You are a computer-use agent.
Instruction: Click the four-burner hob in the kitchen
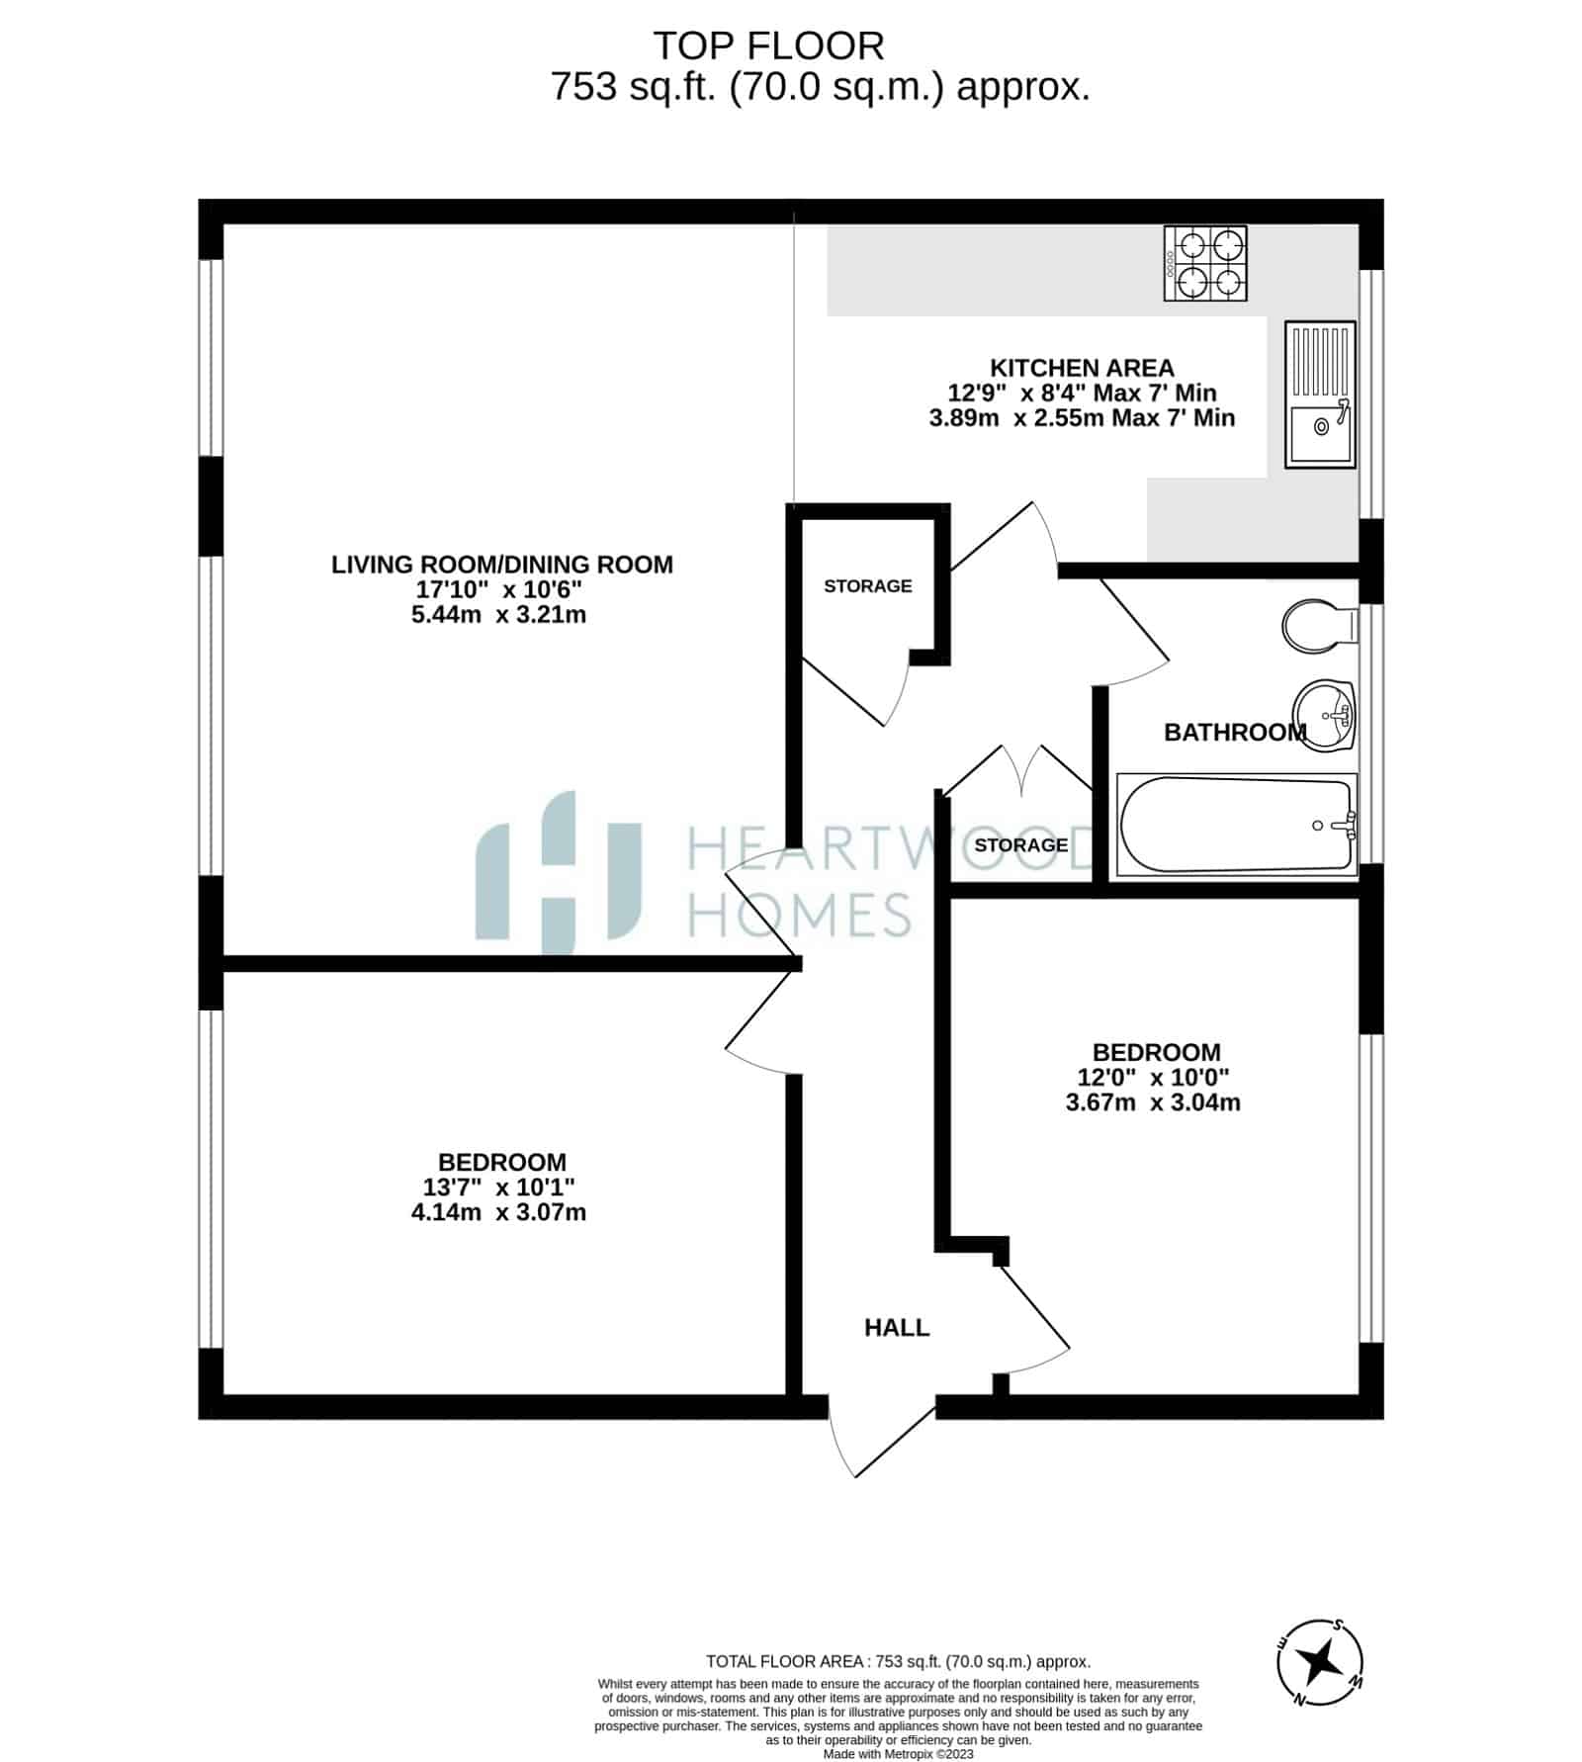click(x=1205, y=263)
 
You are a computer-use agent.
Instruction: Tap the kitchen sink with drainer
click(x=1320, y=394)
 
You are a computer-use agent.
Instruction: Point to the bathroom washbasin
click(x=1325, y=715)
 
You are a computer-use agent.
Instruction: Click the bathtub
click(x=1237, y=825)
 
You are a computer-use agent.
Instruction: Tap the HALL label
click(x=897, y=1328)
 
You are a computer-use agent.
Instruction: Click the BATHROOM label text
click(x=1235, y=733)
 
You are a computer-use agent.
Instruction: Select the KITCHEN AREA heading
click(x=1082, y=368)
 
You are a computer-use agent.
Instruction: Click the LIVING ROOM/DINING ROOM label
click(x=501, y=565)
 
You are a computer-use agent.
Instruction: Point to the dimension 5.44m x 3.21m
click(x=498, y=615)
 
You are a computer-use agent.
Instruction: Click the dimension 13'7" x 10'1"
click(x=499, y=1187)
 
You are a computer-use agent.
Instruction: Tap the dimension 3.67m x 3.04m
click(x=1153, y=1102)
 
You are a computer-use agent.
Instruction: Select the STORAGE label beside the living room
click(x=868, y=586)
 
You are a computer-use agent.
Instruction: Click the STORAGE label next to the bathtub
click(x=1021, y=845)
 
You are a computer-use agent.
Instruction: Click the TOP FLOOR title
click(x=768, y=46)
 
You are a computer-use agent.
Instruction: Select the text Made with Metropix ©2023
click(x=899, y=1754)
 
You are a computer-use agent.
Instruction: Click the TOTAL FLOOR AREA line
click(x=898, y=1662)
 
